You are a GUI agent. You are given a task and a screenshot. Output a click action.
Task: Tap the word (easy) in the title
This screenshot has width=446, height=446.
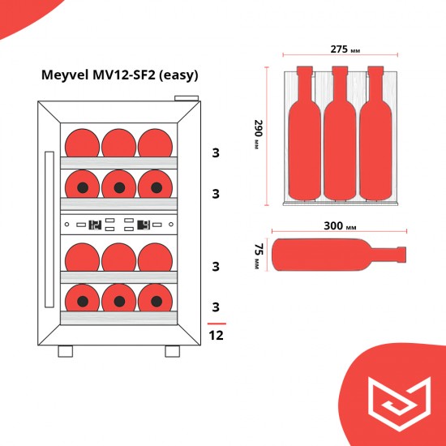click(178, 75)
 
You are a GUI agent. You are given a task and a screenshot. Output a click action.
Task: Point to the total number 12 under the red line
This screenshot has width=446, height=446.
click(216, 334)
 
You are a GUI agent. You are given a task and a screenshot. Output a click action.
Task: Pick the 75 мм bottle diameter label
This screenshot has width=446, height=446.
click(258, 254)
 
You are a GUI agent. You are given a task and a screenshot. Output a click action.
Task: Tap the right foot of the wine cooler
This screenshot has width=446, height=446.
click(172, 351)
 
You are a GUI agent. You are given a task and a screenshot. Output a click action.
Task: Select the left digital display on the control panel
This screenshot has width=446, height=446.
click(94, 225)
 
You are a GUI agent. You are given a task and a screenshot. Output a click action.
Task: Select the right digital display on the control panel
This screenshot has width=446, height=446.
click(144, 225)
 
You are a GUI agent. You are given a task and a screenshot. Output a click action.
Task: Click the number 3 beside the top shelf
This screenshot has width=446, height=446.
click(216, 152)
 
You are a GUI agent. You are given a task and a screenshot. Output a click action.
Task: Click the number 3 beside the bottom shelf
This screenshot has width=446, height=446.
click(216, 307)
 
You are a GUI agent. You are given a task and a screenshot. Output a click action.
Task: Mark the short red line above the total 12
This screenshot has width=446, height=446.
click(215, 322)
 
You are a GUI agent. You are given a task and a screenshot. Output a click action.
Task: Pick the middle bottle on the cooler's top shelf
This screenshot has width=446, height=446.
click(119, 143)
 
